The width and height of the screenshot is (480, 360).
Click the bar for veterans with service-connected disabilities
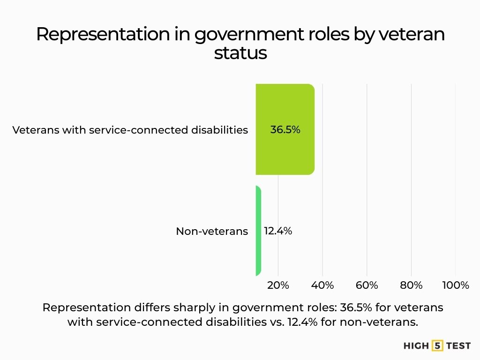[x=285, y=129]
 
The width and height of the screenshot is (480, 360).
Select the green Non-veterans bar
[x=258, y=231]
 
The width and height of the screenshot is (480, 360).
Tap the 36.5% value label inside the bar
[x=285, y=130]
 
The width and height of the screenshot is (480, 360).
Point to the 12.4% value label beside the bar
[x=278, y=231]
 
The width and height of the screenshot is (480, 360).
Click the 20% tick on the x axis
[x=278, y=285]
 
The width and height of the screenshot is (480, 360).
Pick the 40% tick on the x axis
[x=322, y=285]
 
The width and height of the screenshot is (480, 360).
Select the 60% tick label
[x=367, y=285]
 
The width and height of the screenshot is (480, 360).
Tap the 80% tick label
[x=411, y=285]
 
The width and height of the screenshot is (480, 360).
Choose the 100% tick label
[x=455, y=285]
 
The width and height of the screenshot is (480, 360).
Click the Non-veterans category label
[x=212, y=231]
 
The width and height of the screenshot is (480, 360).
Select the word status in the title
[x=240, y=53]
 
